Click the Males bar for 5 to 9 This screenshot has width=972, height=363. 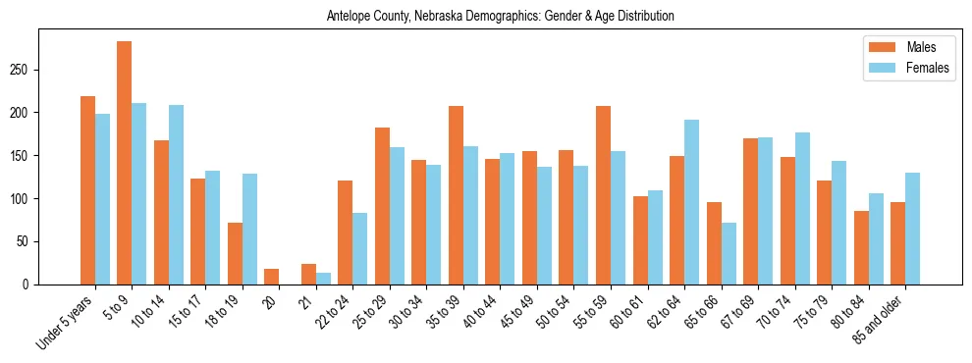click(125, 163)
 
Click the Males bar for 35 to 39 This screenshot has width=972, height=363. click(456, 195)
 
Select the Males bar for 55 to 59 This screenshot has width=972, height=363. click(603, 195)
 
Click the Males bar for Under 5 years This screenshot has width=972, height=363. click(87, 190)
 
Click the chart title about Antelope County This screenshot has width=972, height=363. click(501, 17)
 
